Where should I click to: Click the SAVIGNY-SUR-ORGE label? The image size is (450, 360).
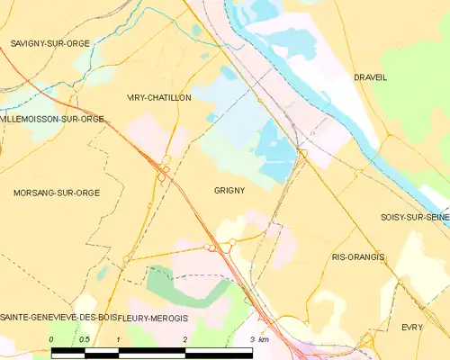point(50,43)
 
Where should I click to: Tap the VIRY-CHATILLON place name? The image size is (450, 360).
point(158,97)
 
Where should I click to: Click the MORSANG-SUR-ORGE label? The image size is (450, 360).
point(56,193)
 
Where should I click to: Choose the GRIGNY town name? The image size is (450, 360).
point(229,191)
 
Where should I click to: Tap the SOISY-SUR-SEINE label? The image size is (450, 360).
point(414,217)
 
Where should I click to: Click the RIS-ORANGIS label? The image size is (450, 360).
point(357,257)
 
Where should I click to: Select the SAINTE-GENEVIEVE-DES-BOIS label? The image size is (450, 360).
point(58,318)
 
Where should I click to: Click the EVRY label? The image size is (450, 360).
point(412,328)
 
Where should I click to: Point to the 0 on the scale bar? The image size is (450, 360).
point(52,339)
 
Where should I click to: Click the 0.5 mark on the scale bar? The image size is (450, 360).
point(85,339)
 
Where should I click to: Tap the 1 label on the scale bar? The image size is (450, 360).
point(118,339)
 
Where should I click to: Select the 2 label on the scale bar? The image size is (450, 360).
point(184,339)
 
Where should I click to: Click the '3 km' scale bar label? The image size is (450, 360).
point(257,339)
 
